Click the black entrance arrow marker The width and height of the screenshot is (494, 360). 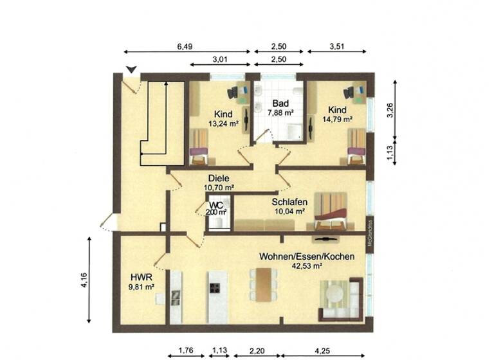coord(131,69)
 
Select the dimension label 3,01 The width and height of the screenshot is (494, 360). coord(220,60)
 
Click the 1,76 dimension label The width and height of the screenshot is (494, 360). coord(185,351)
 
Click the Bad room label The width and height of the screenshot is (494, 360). coord(280,103)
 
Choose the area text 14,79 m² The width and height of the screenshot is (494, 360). coord(338,119)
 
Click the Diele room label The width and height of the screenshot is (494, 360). coord(219,179)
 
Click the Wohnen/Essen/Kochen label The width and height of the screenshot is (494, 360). coord(307,256)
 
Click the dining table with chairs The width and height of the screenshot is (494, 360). coord(263,283)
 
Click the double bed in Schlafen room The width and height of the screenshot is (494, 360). coord(331,210)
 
